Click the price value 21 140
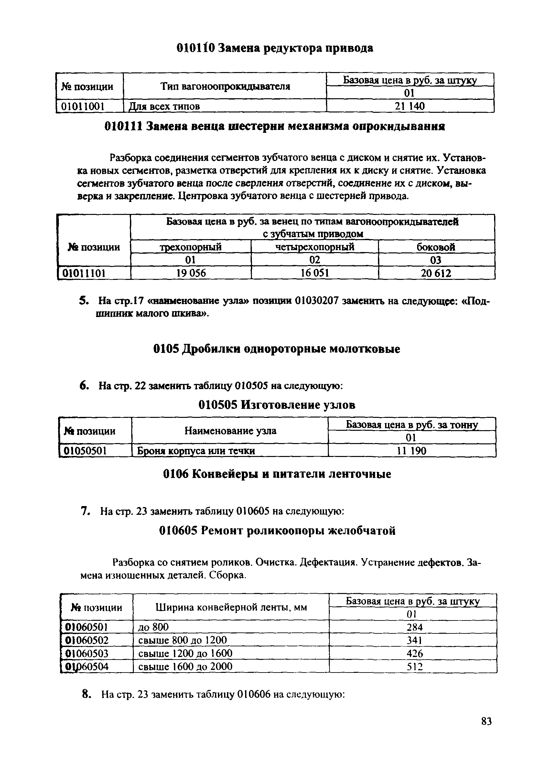click(x=409, y=106)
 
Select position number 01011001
click(x=82, y=107)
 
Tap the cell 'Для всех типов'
click(x=165, y=107)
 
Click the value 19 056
click(x=191, y=273)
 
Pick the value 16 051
click(x=314, y=273)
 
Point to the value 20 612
click(x=436, y=273)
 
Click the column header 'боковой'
click(x=436, y=247)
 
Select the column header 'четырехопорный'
click(x=314, y=247)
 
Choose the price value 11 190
click(x=411, y=451)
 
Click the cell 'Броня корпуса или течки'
click(x=196, y=451)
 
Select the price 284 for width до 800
click(x=414, y=627)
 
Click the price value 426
click(x=414, y=653)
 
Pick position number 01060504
click(x=87, y=666)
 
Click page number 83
click(x=486, y=731)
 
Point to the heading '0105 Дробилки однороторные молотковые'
click(x=277, y=349)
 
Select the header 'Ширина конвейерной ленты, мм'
click(x=231, y=607)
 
